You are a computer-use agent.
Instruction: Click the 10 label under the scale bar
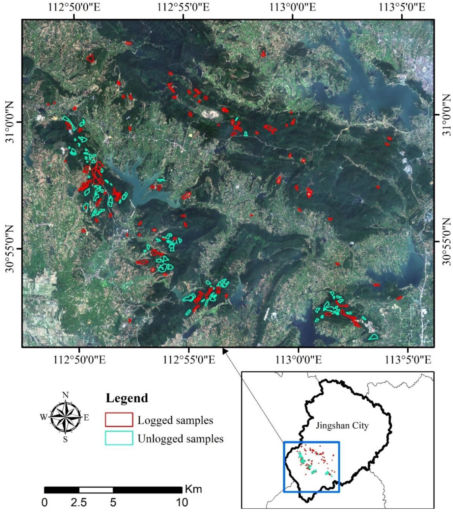(x=181, y=503)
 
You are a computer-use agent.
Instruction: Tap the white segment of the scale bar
(x=96, y=490)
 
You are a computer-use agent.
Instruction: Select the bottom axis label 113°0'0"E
(x=299, y=360)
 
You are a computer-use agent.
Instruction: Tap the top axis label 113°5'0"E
(x=402, y=7)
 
